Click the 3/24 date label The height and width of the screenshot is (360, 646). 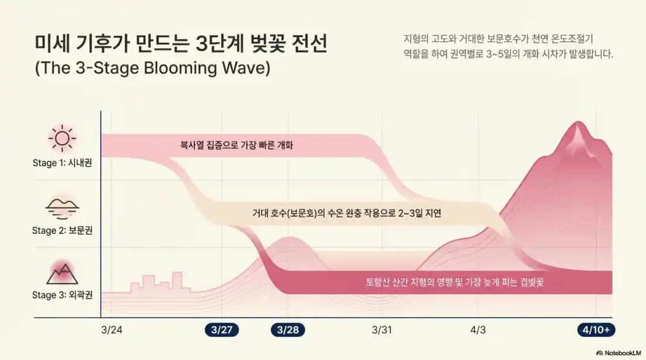111,330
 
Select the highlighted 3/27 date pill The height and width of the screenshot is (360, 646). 221,330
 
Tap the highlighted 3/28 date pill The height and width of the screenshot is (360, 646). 288,330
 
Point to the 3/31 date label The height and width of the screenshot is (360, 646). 382,330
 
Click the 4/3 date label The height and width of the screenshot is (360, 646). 478,330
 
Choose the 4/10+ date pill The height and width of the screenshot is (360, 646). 596,330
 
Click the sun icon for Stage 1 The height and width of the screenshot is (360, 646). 62,139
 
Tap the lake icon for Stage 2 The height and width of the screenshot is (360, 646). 62,207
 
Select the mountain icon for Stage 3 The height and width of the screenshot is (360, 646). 62,273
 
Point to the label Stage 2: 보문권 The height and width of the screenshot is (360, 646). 62,230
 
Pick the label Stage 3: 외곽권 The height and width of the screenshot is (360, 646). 62,295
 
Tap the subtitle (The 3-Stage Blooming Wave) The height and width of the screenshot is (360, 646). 153,68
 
